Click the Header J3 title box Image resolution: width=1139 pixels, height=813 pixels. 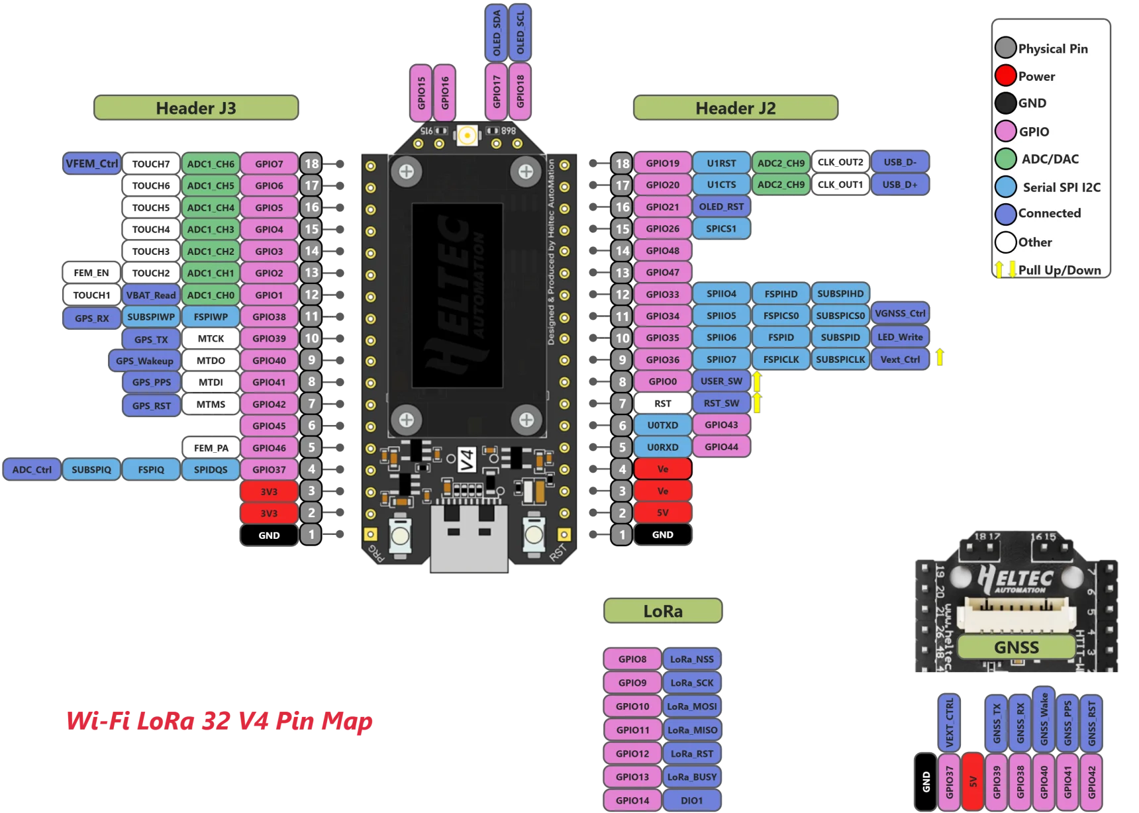click(196, 108)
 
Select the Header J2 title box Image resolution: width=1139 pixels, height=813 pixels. click(736, 108)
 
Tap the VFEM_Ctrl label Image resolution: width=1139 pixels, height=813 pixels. click(91, 164)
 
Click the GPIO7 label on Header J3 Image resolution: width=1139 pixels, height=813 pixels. click(269, 164)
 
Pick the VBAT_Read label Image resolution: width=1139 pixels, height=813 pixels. click(151, 295)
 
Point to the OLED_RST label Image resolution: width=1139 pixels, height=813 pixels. click(721, 207)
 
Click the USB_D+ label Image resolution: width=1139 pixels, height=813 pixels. click(900, 185)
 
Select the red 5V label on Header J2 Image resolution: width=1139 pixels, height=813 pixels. click(663, 512)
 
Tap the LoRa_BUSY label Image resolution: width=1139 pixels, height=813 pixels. click(692, 777)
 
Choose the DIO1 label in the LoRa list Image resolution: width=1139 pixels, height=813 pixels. click(692, 800)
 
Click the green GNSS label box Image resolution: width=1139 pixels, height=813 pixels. click(1016, 647)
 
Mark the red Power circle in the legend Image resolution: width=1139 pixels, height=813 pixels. click(1005, 75)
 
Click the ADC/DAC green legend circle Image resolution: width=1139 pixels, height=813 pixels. click(1005, 159)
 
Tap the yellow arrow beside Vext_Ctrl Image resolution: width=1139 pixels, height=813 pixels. click(940, 358)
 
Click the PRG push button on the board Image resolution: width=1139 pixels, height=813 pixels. click(400, 534)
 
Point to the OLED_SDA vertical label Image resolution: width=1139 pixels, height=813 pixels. click(496, 33)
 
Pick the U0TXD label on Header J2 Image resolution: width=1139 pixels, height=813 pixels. click(663, 425)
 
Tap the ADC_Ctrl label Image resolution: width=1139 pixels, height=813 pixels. click(32, 469)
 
